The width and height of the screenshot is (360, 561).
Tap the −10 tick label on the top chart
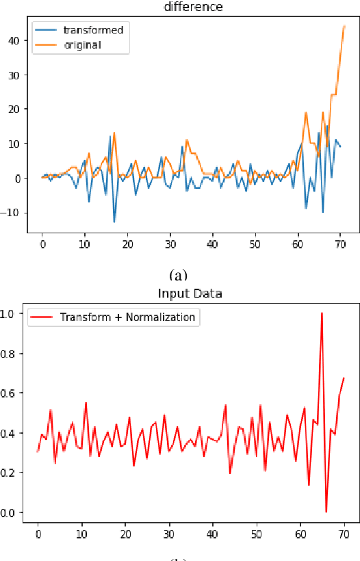pyautogui.click(x=11, y=213)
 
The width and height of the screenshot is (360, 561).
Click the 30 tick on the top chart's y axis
pyautogui.click(x=13, y=75)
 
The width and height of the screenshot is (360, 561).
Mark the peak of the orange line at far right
pyautogui.click(x=344, y=26)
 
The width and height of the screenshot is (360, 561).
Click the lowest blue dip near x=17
pyautogui.click(x=114, y=222)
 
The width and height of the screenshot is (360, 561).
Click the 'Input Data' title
pyautogui.click(x=190, y=294)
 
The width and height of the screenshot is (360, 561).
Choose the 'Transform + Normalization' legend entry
pyautogui.click(x=127, y=317)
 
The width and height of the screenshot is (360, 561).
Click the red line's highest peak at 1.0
pyautogui.click(x=322, y=313)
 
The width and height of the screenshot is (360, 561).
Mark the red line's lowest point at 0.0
pyautogui.click(x=326, y=512)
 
